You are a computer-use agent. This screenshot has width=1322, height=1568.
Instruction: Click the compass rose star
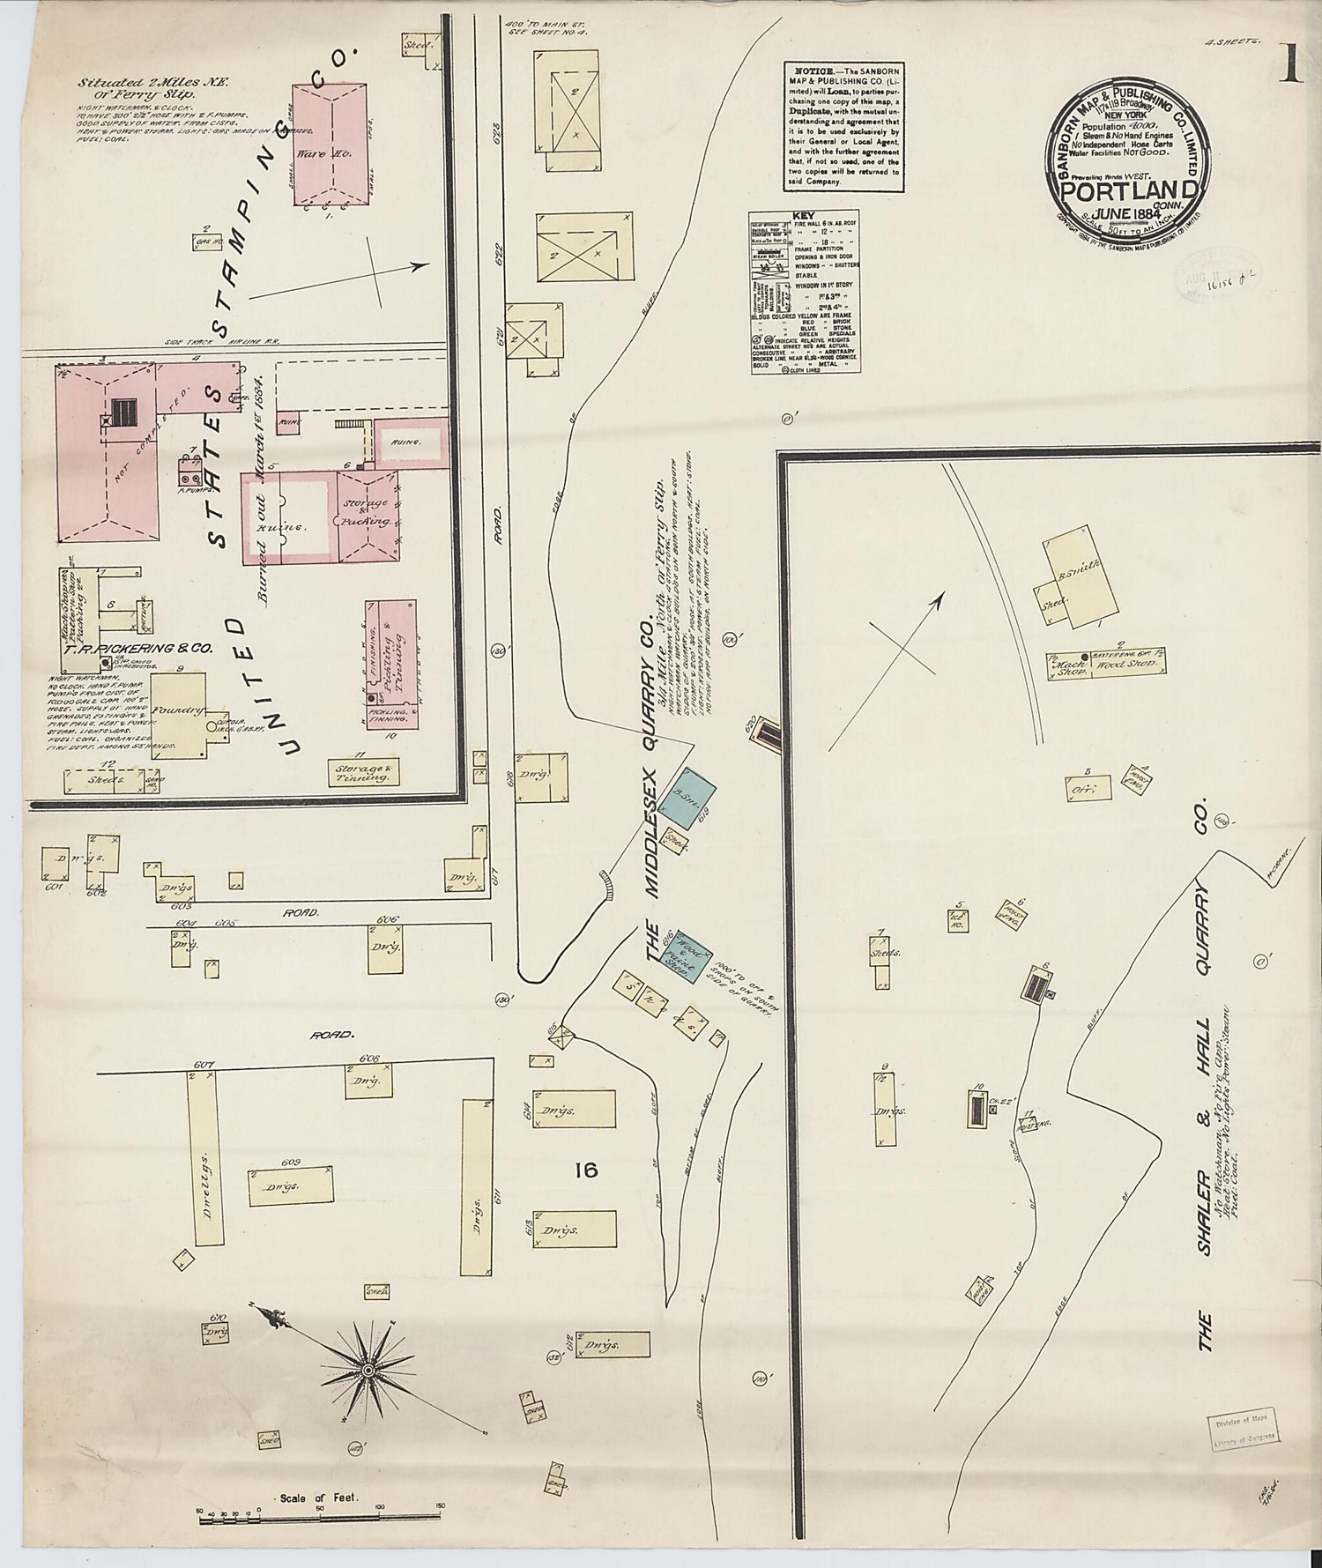coord(367,1371)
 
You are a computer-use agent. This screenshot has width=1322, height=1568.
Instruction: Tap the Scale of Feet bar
coord(319,1516)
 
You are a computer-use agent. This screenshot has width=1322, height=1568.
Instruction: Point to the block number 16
coord(585,1170)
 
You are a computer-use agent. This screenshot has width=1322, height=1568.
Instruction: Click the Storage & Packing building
coord(369,511)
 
